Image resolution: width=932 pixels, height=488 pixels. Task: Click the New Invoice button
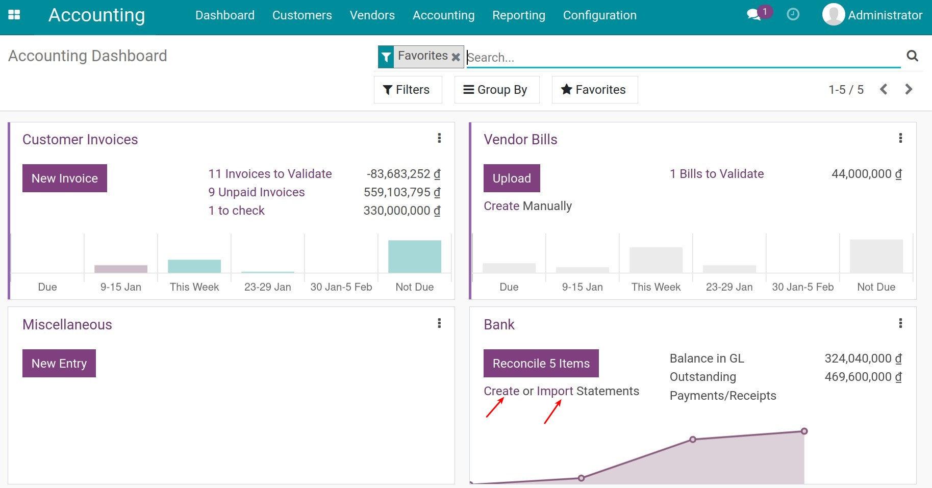[x=65, y=178]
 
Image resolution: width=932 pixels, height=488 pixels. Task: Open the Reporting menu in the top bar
[x=518, y=15]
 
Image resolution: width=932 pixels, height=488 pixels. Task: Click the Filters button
[x=407, y=90]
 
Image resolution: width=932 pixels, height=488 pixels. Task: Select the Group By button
[x=496, y=90]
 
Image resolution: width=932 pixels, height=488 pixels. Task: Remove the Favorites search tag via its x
[x=456, y=57]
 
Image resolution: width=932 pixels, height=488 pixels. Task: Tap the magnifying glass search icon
[x=912, y=56]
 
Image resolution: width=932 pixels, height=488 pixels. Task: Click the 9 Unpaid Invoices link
[x=257, y=192]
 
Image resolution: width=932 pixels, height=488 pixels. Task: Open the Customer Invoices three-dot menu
[x=439, y=138]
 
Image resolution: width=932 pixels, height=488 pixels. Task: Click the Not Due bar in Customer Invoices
[x=414, y=256]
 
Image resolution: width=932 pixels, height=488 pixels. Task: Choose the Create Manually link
[x=527, y=206]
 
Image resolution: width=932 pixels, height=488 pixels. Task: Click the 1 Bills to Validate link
[x=716, y=174]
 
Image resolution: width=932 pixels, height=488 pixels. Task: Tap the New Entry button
[x=59, y=364]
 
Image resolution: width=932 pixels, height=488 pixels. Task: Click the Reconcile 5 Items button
[x=541, y=364]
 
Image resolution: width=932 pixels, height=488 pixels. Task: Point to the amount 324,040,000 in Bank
[x=863, y=358]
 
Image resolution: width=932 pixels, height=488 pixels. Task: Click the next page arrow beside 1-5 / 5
[x=909, y=90]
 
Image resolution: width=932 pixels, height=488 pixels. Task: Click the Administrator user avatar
[x=833, y=15]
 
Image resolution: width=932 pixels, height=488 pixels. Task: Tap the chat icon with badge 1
[x=754, y=14]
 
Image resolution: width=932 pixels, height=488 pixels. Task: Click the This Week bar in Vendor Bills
[x=656, y=260]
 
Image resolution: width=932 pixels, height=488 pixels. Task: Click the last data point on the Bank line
[x=804, y=431]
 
